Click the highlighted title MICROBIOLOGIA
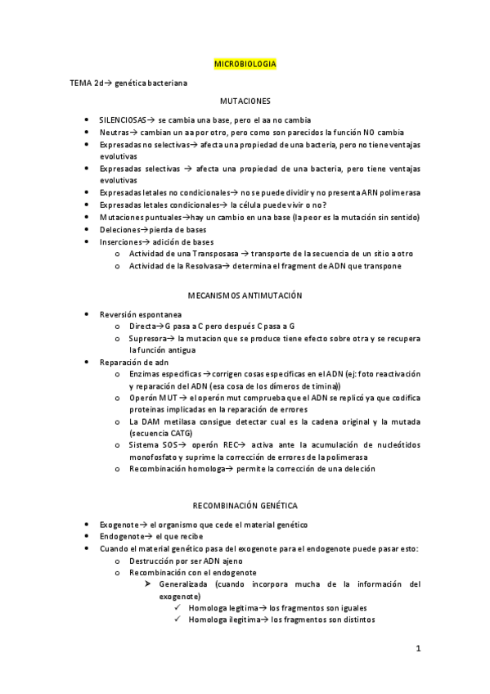point(245,63)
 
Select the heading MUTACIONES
point(245,101)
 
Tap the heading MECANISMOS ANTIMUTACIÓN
point(245,295)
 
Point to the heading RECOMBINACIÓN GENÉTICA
point(245,506)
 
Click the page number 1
point(417,650)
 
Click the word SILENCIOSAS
point(122,119)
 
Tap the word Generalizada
point(185,584)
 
